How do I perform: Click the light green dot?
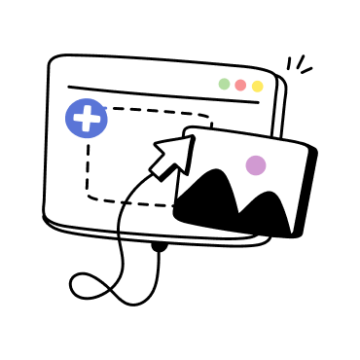click(x=224, y=84)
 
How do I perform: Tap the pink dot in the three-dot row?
click(x=240, y=85)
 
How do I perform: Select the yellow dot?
click(x=257, y=86)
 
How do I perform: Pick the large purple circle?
click(x=256, y=165)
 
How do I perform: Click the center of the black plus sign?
click(x=87, y=119)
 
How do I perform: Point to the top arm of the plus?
click(x=87, y=109)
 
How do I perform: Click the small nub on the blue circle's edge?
click(x=104, y=107)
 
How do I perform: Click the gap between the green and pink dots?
click(x=233, y=85)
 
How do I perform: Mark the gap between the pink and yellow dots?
click(x=249, y=86)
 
